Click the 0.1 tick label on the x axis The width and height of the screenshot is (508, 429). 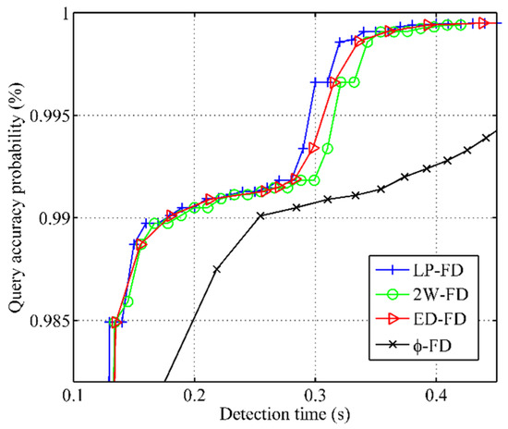point(73,395)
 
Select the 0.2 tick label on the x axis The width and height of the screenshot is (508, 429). point(194,395)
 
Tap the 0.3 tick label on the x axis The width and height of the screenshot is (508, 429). point(315,395)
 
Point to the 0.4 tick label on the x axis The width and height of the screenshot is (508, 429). point(436,395)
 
